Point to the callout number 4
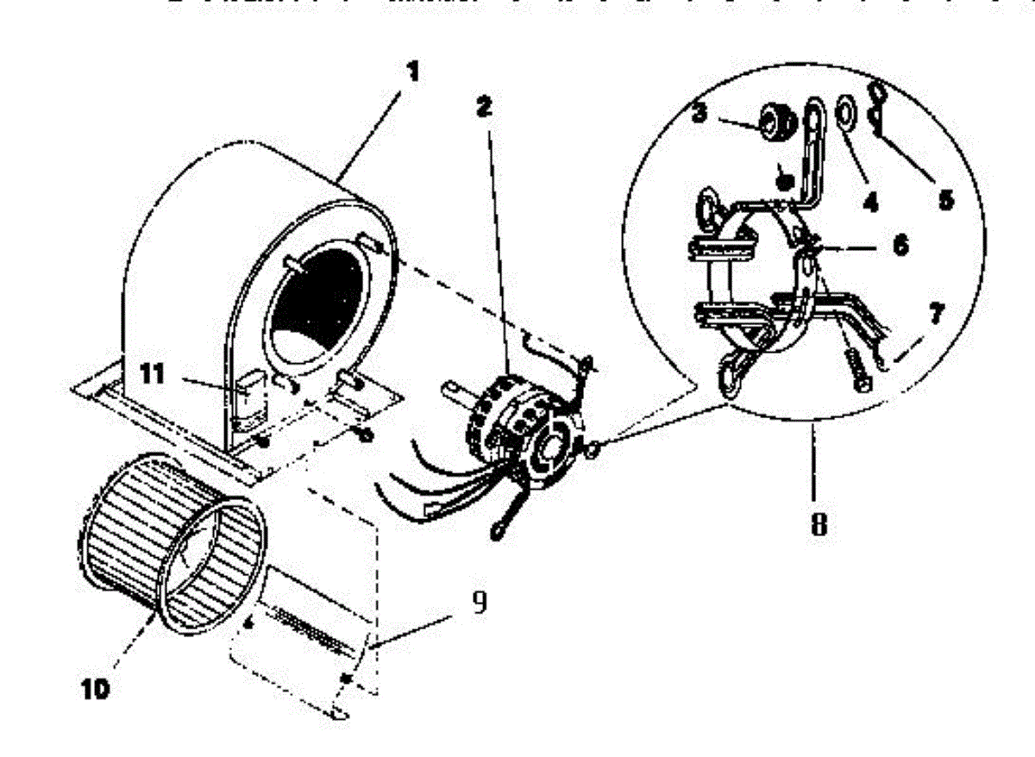tap(869, 203)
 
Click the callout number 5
tap(946, 200)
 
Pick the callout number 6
tap(899, 246)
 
